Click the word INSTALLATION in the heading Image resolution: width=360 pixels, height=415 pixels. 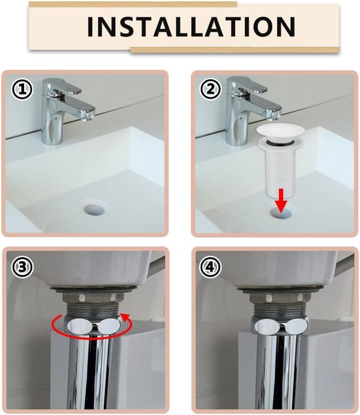point(191,26)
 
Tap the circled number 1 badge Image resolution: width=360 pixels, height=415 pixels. point(22,89)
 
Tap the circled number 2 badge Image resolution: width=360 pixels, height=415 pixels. point(211,89)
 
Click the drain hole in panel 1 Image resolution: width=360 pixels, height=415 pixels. point(95,209)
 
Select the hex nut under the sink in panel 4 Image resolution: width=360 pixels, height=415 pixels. point(278,297)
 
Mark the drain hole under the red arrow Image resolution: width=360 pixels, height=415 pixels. point(282,212)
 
